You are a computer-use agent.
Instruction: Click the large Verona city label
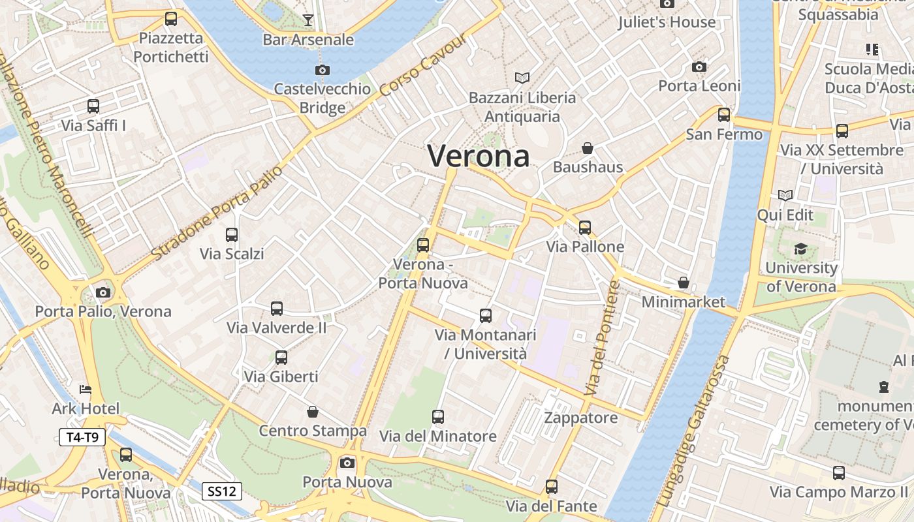[x=478, y=157]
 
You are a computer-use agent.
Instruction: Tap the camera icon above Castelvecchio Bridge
[x=322, y=70]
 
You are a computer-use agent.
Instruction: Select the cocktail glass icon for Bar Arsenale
[x=308, y=20]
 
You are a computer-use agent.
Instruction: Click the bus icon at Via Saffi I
[x=93, y=106]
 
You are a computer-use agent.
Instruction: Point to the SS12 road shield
[x=221, y=491]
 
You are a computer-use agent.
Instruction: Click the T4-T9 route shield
[x=82, y=437]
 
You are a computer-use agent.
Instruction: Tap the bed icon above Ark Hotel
[x=86, y=390]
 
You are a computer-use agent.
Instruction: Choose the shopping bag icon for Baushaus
[x=588, y=148]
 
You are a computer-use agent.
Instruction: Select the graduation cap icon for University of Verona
[x=800, y=249]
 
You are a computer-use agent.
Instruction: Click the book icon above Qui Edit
[x=785, y=195]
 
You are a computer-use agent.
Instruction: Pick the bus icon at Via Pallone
[x=585, y=228]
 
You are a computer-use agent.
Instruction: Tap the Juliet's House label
[x=667, y=22]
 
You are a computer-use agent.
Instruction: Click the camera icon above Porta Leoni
[x=699, y=67]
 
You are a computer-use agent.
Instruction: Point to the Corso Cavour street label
[x=424, y=65]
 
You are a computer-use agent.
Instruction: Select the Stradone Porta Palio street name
[x=217, y=212]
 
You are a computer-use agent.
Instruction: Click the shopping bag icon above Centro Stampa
[x=313, y=412]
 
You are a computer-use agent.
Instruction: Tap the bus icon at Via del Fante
[x=552, y=487]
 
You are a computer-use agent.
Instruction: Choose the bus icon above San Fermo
[x=724, y=115]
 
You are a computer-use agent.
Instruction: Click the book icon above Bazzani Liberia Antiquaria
[x=522, y=78]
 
